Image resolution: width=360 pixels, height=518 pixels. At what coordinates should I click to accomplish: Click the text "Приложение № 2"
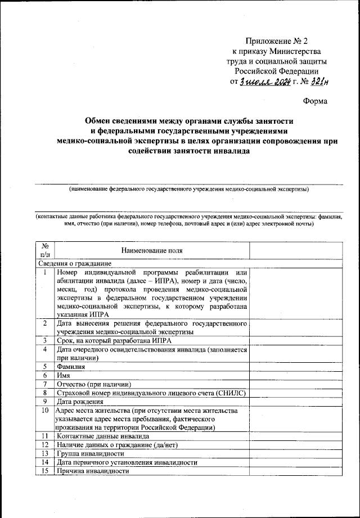tap(277, 41)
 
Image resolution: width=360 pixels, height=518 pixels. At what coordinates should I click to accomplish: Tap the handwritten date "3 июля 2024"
tap(264, 82)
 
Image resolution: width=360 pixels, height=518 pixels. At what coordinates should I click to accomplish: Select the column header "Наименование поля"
tap(152, 250)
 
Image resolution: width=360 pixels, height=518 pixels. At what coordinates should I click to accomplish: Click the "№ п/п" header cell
tap(45, 250)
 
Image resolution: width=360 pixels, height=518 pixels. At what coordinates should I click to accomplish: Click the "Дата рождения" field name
tap(80, 402)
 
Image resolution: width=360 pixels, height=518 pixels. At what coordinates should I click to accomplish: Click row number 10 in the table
tap(45, 411)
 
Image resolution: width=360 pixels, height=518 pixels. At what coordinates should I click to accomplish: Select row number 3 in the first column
tap(45, 341)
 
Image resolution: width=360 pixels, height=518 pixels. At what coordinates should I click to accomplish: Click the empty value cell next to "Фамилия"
tap(296, 366)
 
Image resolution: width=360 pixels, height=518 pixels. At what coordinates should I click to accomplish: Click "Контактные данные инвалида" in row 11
tap(103, 436)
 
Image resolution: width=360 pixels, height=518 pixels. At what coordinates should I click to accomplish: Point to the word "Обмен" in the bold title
tap(97, 120)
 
